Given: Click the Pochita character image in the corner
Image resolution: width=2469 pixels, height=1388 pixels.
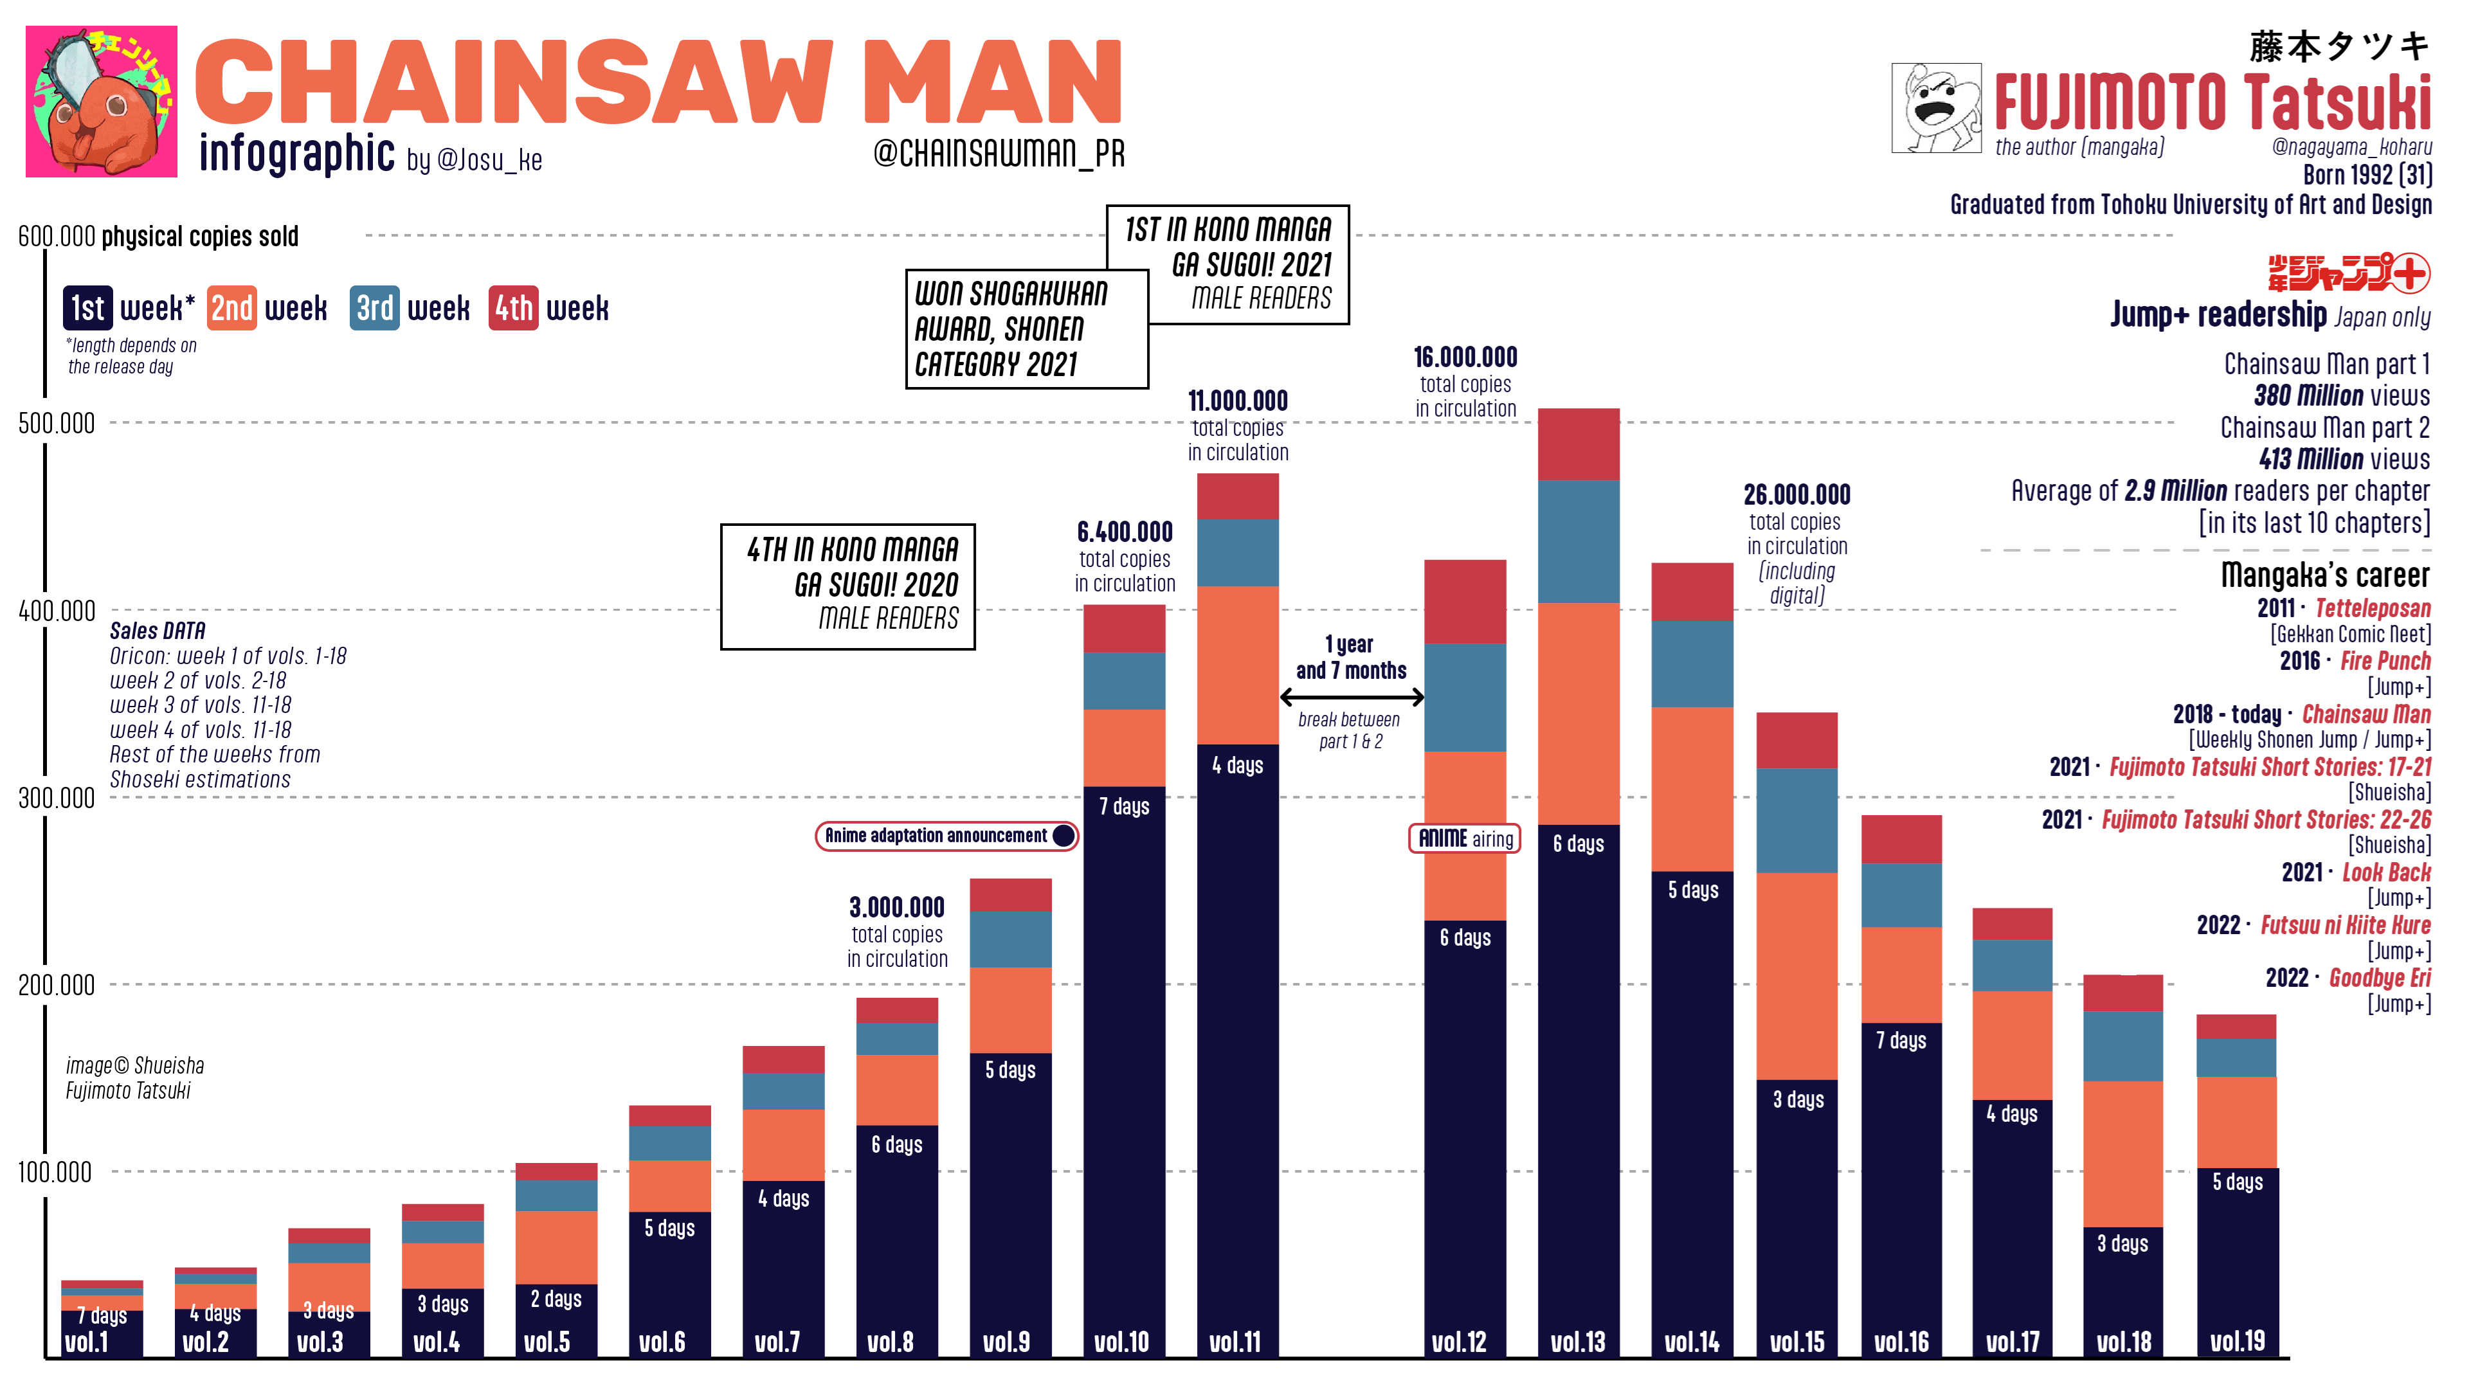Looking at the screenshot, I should click(101, 101).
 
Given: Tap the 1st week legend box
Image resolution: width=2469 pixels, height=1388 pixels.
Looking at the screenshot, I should click(87, 308).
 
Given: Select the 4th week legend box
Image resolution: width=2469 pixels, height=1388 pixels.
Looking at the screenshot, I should click(513, 308).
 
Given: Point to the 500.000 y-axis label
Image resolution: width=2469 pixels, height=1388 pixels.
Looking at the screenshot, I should click(57, 423).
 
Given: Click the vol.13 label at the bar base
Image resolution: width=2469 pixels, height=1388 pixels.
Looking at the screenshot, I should click(1578, 1341).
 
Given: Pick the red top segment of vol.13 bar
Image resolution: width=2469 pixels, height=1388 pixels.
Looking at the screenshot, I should click(1578, 444).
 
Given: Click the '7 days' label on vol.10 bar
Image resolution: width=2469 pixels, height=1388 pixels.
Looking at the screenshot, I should click(1123, 806).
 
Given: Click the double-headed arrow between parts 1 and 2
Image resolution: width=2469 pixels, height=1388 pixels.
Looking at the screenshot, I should click(1352, 697).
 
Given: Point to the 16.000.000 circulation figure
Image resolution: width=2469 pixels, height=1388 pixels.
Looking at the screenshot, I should click(1465, 357).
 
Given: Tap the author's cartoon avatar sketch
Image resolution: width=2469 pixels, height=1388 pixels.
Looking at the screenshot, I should click(1935, 107).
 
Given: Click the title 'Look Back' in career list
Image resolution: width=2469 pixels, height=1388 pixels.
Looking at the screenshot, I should click(2385, 872).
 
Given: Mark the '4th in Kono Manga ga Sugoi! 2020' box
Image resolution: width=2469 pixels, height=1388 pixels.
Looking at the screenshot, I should click(847, 586).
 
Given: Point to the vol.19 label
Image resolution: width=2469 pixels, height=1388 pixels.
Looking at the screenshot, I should click(2237, 1341).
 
